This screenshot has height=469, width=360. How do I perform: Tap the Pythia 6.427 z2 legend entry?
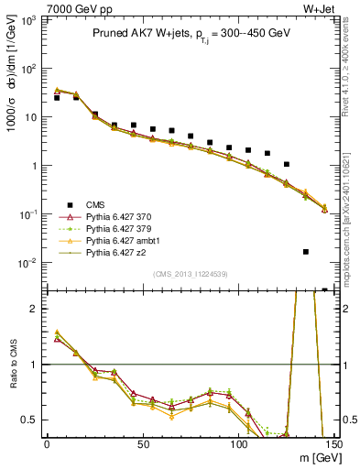(98, 255)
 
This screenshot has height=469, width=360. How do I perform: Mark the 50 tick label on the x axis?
(142, 444)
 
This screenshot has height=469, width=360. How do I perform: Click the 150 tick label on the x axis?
(334, 444)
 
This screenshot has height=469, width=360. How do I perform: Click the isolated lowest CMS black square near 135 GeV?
(305, 251)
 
